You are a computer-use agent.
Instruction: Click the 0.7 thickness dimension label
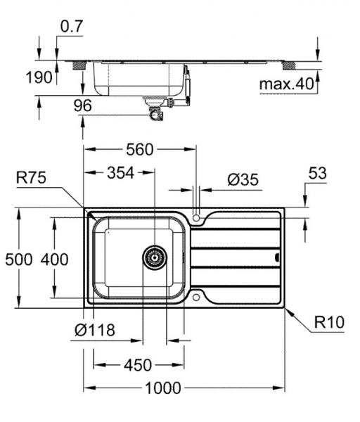[72, 27]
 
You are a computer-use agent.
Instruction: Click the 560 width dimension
[140, 149]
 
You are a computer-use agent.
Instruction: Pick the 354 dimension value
[121, 173]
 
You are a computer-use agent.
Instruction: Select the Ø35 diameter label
[243, 179]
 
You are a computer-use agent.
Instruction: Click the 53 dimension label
[318, 173]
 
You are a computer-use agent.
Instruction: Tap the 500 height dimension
[19, 260]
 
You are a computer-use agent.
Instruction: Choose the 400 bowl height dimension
[54, 260]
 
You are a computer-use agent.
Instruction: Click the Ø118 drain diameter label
[94, 330]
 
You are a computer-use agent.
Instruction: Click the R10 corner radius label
[327, 324]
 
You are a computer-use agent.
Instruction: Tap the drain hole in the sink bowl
[155, 257]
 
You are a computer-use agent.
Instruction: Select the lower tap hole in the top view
[197, 298]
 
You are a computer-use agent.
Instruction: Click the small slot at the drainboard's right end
[276, 257]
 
